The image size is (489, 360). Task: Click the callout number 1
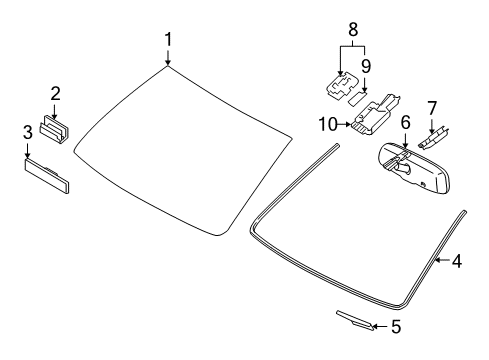168,39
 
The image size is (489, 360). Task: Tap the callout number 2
55,93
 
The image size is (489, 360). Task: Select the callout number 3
28,132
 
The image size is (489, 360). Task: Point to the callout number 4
457,261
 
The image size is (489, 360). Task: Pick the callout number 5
396,326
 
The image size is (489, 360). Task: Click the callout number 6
405,122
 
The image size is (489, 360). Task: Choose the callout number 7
432,108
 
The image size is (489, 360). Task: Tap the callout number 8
353,29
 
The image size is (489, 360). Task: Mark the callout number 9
366,66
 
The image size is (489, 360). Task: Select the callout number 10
328,124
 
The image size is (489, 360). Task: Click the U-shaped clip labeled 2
54,129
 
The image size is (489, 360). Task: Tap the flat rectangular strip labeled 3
47,175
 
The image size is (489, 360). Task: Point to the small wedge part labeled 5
355,320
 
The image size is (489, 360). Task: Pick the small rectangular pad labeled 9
357,98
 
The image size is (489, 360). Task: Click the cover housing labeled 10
375,115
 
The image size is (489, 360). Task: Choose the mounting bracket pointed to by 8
342,86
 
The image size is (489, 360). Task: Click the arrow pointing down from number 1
168,57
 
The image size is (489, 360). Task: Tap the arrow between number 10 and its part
344,124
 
